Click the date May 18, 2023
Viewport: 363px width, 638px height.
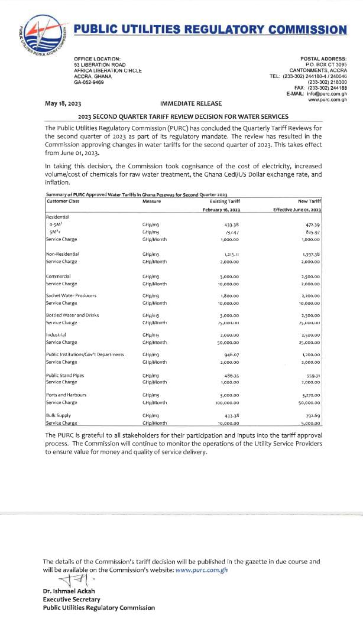click(63, 104)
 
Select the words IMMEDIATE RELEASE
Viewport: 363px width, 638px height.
click(186, 104)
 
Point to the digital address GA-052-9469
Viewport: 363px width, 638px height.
click(89, 82)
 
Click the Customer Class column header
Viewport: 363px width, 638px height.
click(63, 201)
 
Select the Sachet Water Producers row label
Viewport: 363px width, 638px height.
click(71, 295)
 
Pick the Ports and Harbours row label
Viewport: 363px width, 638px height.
click(66, 395)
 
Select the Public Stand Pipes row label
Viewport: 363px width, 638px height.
click(66, 375)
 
